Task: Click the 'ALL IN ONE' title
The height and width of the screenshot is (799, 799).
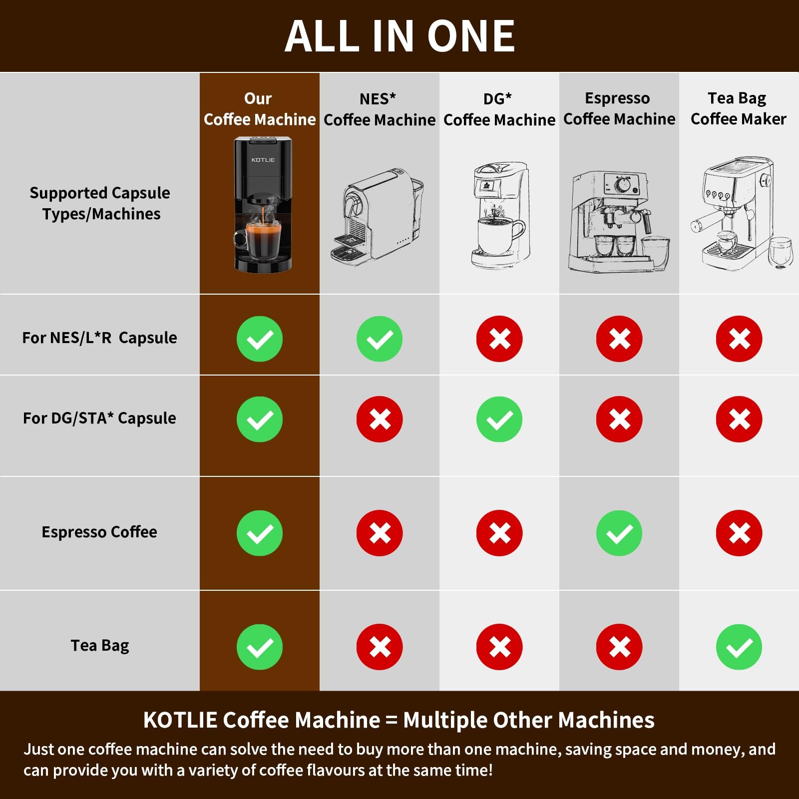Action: pyautogui.click(x=399, y=36)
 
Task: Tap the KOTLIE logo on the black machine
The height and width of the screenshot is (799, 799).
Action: pyautogui.click(x=263, y=160)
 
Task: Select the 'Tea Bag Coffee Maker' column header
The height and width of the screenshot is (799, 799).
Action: pyautogui.click(x=738, y=108)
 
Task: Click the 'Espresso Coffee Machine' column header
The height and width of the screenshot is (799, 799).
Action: pyautogui.click(x=619, y=108)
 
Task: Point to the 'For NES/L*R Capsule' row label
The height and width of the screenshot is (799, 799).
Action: pyautogui.click(x=99, y=338)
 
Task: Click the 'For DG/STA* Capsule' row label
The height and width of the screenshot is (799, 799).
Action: pyautogui.click(x=99, y=418)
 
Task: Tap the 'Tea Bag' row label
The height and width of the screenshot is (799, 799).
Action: pyautogui.click(x=99, y=645)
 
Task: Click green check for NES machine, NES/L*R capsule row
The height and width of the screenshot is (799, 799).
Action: pyautogui.click(x=379, y=339)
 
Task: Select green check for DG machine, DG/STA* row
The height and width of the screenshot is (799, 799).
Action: pyautogui.click(x=499, y=419)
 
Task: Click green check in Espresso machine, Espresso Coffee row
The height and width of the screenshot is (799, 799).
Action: pyautogui.click(x=619, y=533)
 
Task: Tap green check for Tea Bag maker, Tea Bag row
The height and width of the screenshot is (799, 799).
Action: pyautogui.click(x=739, y=647)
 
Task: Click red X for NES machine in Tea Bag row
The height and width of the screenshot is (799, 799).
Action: pyautogui.click(x=379, y=647)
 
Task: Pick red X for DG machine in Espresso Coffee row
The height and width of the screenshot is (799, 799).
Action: pyautogui.click(x=499, y=533)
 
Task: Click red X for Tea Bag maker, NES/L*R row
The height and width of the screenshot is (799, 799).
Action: pyautogui.click(x=739, y=339)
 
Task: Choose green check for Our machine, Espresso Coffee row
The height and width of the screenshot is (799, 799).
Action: pyautogui.click(x=259, y=533)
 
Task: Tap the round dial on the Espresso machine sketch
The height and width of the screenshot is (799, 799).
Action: pyautogui.click(x=622, y=185)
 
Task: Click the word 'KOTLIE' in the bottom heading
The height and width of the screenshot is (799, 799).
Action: pyautogui.click(x=180, y=720)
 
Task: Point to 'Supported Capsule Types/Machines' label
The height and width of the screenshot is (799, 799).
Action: pyautogui.click(x=100, y=203)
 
